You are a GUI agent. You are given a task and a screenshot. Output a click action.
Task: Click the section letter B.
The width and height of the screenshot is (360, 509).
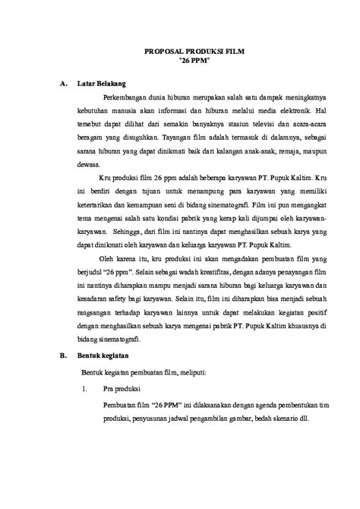pyautogui.click(x=62, y=355)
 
